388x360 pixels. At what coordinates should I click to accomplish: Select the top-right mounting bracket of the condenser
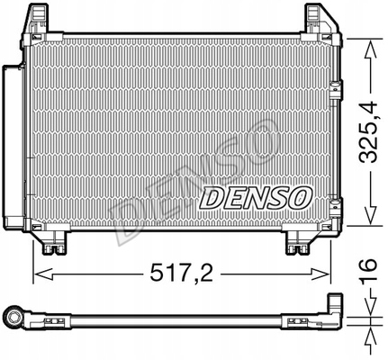coord(318,19)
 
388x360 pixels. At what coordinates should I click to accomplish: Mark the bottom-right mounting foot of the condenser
coord(298,240)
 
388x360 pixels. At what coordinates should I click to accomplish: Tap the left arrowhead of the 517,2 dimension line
coord(38,269)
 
